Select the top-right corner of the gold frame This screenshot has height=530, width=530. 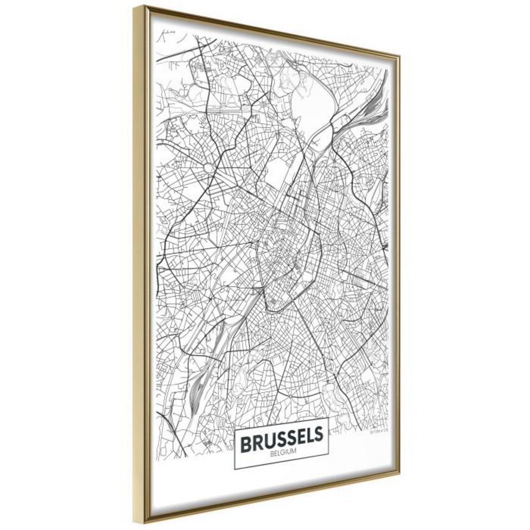[400, 56]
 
